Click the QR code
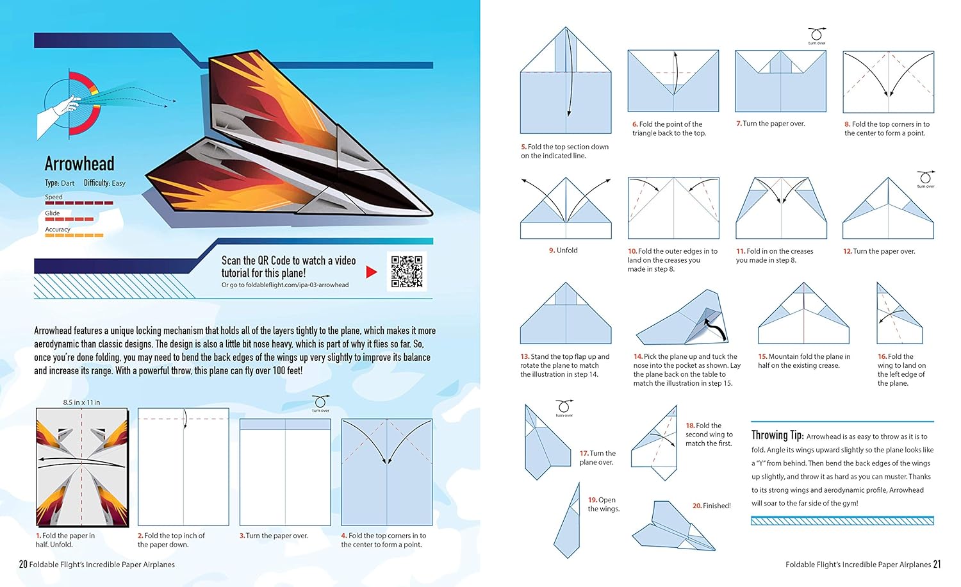point(407,272)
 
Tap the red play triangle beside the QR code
point(371,272)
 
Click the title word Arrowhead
point(79,164)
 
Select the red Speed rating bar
point(79,203)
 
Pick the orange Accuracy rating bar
point(74,235)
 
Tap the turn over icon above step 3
point(320,402)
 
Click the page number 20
point(23,565)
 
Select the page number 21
point(937,565)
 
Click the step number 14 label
point(637,356)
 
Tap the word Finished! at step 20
point(716,506)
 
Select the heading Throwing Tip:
point(777,435)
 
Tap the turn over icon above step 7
point(816,35)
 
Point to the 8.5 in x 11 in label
point(81,402)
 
